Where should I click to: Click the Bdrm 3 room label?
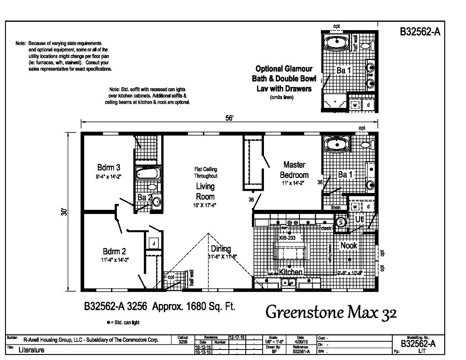(108, 166)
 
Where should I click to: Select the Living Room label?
(205, 191)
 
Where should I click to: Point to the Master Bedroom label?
(294, 169)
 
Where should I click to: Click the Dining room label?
(221, 249)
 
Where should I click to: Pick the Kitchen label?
(291, 272)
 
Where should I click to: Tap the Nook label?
(349, 246)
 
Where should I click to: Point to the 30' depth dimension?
(66, 212)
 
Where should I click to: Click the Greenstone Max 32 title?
(331, 313)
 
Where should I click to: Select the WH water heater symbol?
(340, 222)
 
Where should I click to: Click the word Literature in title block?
(31, 350)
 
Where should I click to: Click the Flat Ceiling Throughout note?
(206, 172)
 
